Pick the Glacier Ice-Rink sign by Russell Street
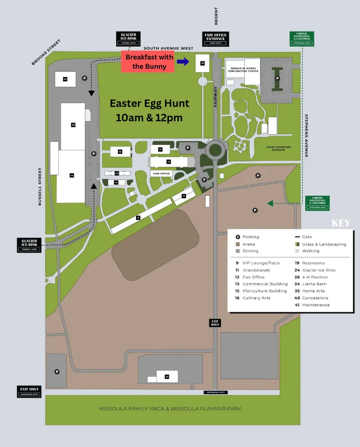pyautogui.click(x=29, y=245)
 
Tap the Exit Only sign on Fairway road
pyautogui.click(x=215, y=322)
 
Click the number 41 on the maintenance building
pyautogui.click(x=167, y=376)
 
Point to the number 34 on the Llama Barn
pyautogui.click(x=65, y=79)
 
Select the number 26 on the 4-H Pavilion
pyautogui.click(x=73, y=125)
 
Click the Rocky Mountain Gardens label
pyautogui.click(x=278, y=148)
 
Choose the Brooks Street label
pyautogui.click(x=46, y=52)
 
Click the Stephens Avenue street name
pyautogui.click(x=307, y=135)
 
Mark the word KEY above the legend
pyautogui.click(x=340, y=223)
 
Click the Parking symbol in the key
pyautogui.click(x=238, y=237)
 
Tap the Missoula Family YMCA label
pyautogui.click(x=170, y=409)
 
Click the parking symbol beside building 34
pyautogui.click(x=84, y=79)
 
